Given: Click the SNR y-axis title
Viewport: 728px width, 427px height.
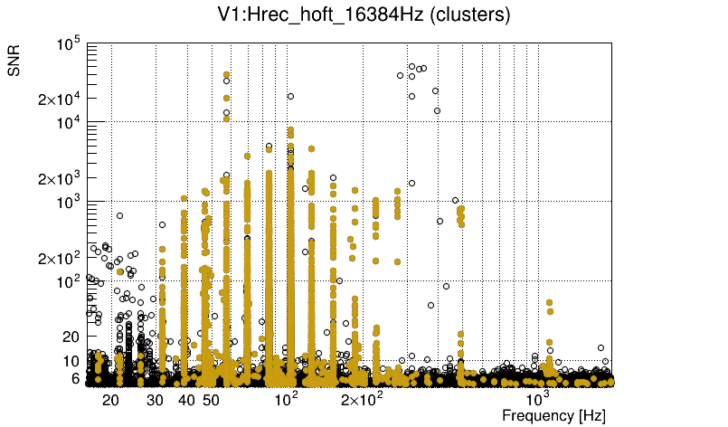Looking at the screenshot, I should pos(14,59).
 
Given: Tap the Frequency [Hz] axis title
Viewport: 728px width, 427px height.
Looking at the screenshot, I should pos(553,415).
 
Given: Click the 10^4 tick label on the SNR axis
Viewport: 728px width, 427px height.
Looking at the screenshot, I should pos(69,124).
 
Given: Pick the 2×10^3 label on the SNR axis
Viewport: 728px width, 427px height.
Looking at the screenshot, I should pos(62,179).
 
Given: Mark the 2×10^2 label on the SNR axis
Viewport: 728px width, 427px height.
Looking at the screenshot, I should pos(62,259).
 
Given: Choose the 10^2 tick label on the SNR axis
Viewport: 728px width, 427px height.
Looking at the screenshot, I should pos(69,283).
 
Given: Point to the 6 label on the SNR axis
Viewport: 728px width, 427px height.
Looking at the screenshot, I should pos(77,379).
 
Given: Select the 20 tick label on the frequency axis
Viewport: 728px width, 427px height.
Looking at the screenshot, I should pos(110,399).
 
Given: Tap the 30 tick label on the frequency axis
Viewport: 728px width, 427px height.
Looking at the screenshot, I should pos(156,399).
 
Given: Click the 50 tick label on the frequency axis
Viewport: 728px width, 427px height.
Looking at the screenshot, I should pos(211,399).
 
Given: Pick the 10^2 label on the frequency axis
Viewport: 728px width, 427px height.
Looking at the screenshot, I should pos(287,397).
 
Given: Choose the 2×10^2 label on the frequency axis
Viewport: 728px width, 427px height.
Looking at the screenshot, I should pos(361,398).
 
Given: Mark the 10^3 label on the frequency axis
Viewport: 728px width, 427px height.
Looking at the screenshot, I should pos(537,397).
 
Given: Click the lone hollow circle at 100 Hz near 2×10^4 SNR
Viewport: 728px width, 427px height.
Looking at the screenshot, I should pos(290,96).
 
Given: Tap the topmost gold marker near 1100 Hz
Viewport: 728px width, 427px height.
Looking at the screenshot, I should pos(549,303).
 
